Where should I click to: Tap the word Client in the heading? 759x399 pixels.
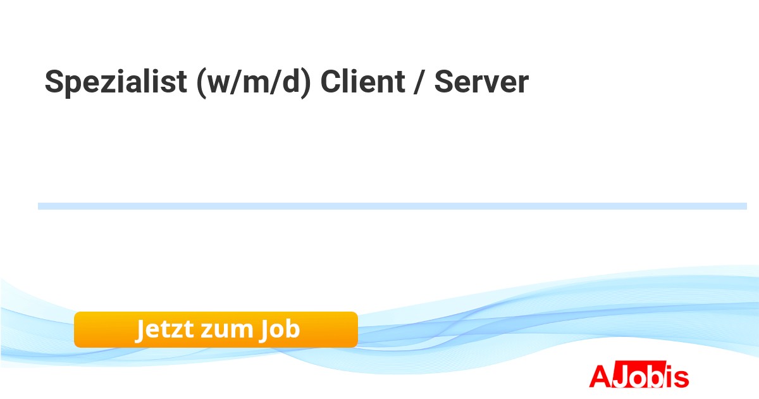click(x=362, y=82)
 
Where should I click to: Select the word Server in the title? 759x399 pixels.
click(x=481, y=82)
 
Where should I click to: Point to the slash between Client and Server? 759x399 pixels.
click(x=418, y=82)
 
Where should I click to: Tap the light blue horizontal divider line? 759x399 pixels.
click(x=392, y=206)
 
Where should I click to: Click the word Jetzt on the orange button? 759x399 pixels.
click(x=164, y=330)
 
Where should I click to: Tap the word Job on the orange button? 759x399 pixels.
click(x=280, y=330)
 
